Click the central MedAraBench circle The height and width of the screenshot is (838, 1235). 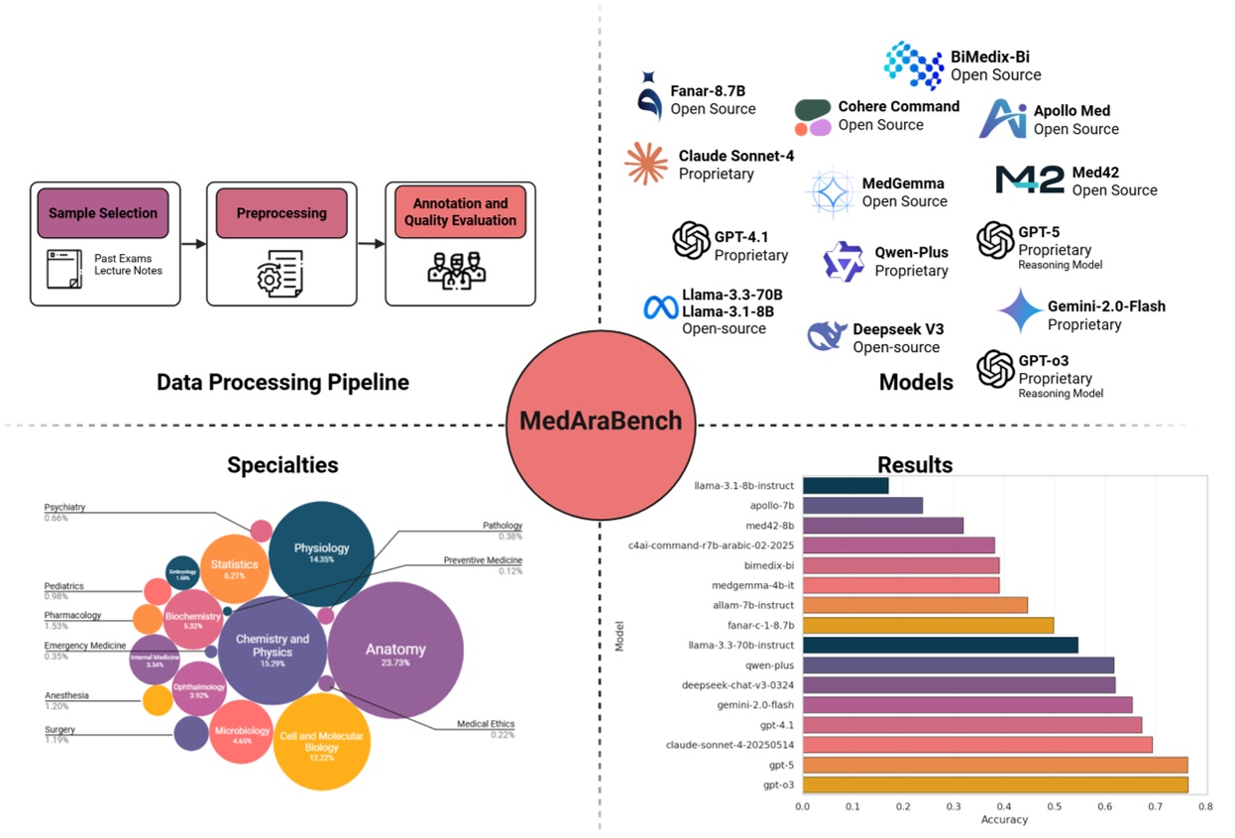pos(601,420)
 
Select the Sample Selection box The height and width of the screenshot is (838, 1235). pos(103,212)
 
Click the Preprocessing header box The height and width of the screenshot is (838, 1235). pos(281,212)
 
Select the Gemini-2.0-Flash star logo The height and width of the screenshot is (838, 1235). pos(1019,311)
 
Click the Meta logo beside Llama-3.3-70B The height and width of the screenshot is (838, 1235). pos(660,307)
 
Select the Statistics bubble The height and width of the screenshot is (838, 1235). pos(234,566)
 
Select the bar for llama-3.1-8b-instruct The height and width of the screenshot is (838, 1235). pos(845,485)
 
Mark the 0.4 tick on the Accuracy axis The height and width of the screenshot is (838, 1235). pos(1004,806)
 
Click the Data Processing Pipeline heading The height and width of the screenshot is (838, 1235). pos(282,382)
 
